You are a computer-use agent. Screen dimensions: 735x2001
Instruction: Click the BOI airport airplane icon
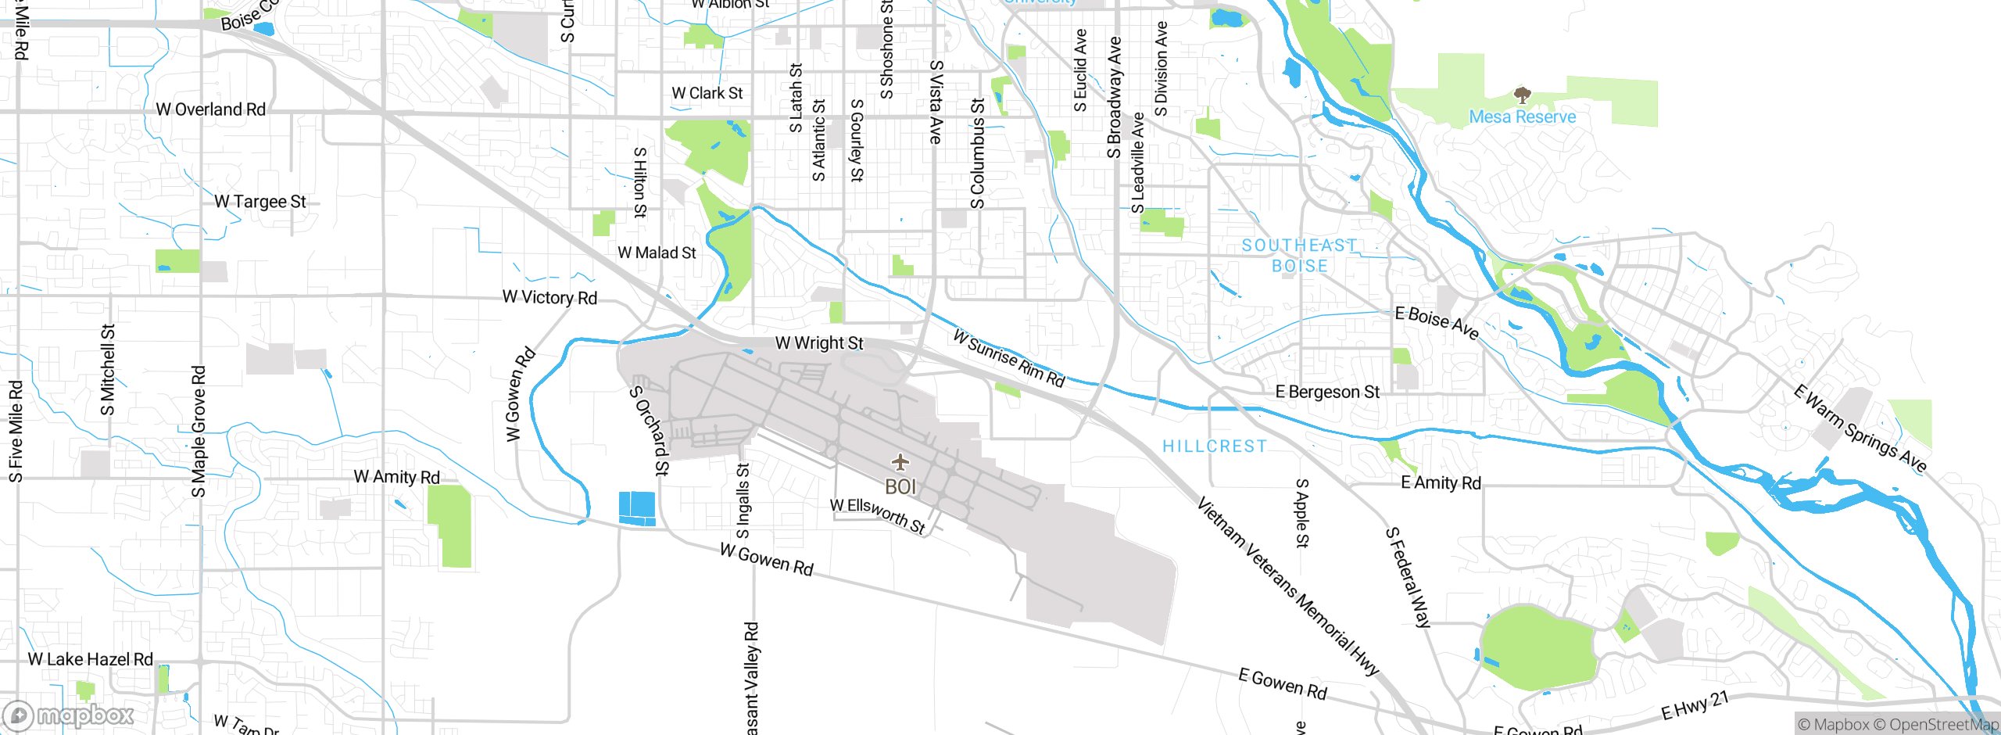click(900, 462)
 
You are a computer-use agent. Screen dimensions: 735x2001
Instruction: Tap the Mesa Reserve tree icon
click(1521, 96)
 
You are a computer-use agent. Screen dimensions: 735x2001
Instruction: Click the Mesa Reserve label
click(1522, 117)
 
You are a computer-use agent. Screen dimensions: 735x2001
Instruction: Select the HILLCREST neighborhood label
click(1214, 446)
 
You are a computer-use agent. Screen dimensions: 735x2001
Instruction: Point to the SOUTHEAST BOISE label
click(1299, 256)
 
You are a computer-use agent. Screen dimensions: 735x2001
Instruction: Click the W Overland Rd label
click(211, 109)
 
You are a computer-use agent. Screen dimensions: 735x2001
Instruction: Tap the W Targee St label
click(260, 202)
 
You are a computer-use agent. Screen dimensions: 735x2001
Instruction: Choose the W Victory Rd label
click(549, 297)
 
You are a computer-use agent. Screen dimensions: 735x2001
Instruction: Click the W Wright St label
click(819, 343)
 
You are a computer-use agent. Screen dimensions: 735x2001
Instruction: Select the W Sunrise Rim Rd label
click(1009, 358)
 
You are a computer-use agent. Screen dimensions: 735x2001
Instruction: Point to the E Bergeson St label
click(1327, 392)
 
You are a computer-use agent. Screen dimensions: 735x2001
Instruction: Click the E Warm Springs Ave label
click(1860, 428)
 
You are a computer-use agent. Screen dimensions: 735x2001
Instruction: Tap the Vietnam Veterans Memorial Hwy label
click(1287, 586)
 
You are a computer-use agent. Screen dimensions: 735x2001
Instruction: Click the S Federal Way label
click(1408, 577)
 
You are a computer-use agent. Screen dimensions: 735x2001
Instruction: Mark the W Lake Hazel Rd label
click(91, 659)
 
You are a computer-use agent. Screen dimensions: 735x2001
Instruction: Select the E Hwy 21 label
click(1695, 705)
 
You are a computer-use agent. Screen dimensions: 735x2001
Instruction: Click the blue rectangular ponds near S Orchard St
click(637, 508)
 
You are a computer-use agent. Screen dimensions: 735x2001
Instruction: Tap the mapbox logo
click(69, 715)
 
